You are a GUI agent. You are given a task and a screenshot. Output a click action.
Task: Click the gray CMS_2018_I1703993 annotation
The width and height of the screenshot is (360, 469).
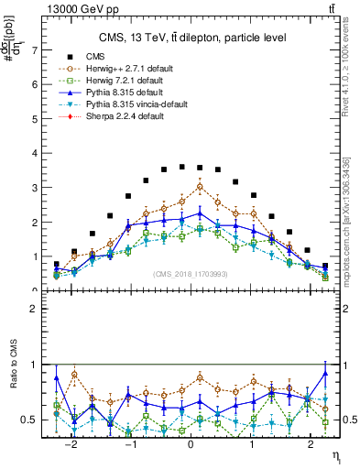[191, 275]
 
